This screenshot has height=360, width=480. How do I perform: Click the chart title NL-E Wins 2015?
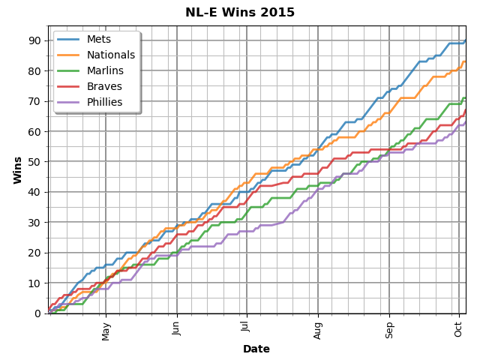240,13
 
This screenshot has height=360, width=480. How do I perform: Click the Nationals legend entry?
111,55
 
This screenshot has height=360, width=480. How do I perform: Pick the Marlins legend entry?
105,70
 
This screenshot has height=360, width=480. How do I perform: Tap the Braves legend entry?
103,86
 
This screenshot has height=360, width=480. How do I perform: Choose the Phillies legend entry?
106,102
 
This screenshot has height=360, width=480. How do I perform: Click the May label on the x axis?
106,331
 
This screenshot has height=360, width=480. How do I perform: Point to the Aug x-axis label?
318,331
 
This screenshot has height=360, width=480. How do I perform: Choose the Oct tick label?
458,329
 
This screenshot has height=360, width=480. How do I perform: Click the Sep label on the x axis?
389,331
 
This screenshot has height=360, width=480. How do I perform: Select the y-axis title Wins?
17,169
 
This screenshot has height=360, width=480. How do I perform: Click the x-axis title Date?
256,349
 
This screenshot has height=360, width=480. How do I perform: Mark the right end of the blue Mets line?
465,40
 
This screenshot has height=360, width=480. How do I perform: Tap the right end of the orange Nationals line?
465,61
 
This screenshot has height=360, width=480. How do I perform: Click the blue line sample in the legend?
69,39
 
